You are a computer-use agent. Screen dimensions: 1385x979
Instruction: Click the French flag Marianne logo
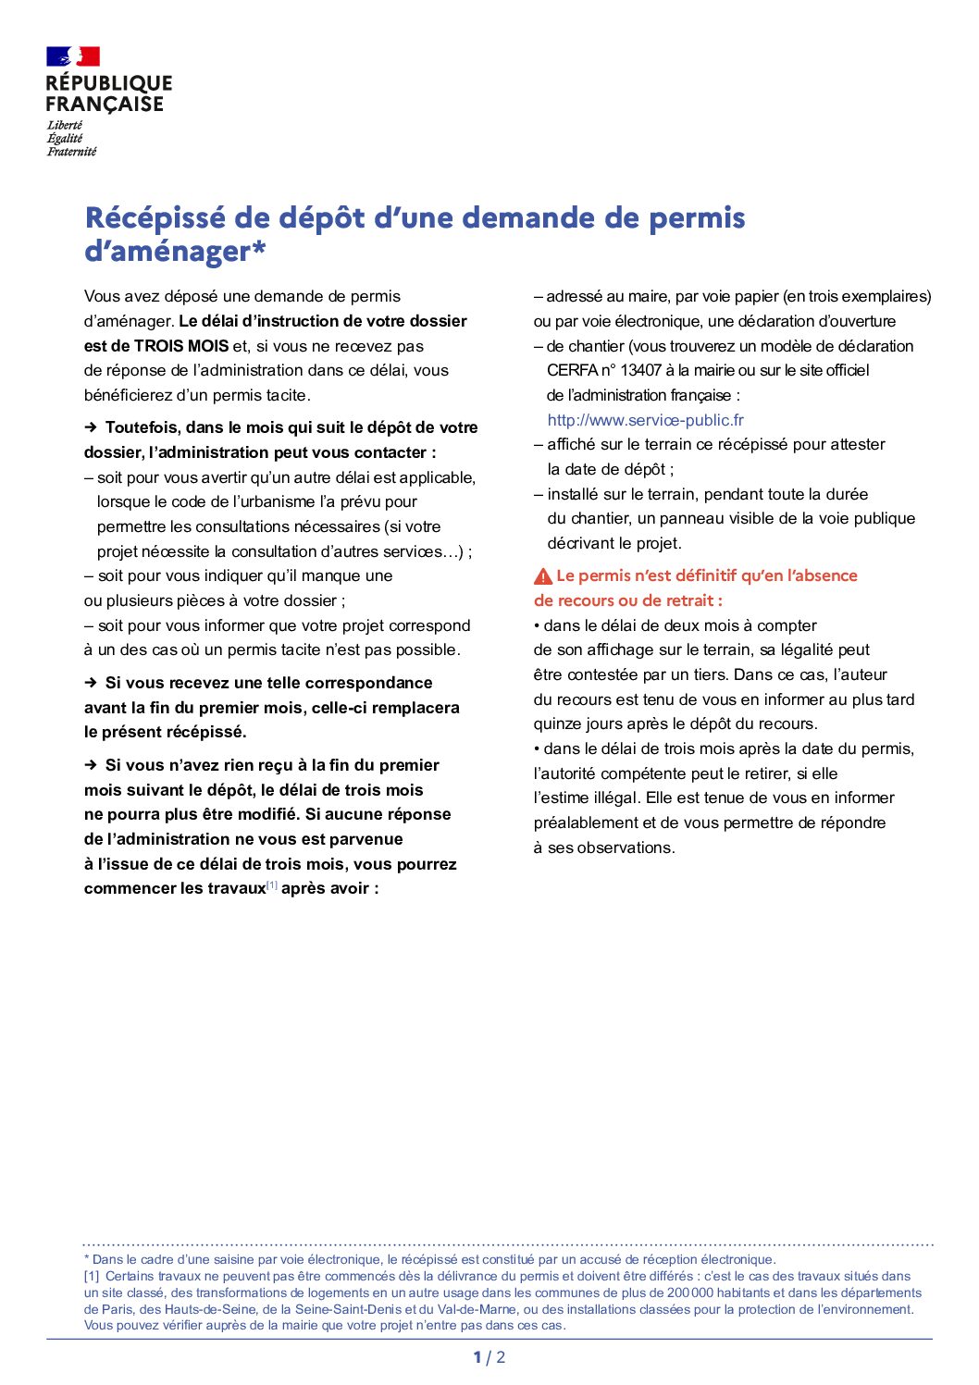pos(73,56)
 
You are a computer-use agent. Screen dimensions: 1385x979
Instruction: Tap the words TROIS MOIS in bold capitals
pos(181,346)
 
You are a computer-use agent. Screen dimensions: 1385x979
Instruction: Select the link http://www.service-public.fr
pos(645,420)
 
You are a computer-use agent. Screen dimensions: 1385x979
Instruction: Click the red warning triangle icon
pos(543,576)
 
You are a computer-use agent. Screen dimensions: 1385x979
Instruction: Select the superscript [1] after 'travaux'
pos(272,885)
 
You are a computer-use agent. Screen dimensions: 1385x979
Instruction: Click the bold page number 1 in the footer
pos(477,1357)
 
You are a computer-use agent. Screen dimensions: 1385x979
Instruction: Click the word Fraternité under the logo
pos(71,152)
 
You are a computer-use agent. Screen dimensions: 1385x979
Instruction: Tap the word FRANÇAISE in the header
pos(105,105)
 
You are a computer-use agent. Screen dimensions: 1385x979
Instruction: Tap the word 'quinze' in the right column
pos(557,723)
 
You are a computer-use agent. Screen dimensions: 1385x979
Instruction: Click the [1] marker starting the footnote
pos(92,1276)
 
